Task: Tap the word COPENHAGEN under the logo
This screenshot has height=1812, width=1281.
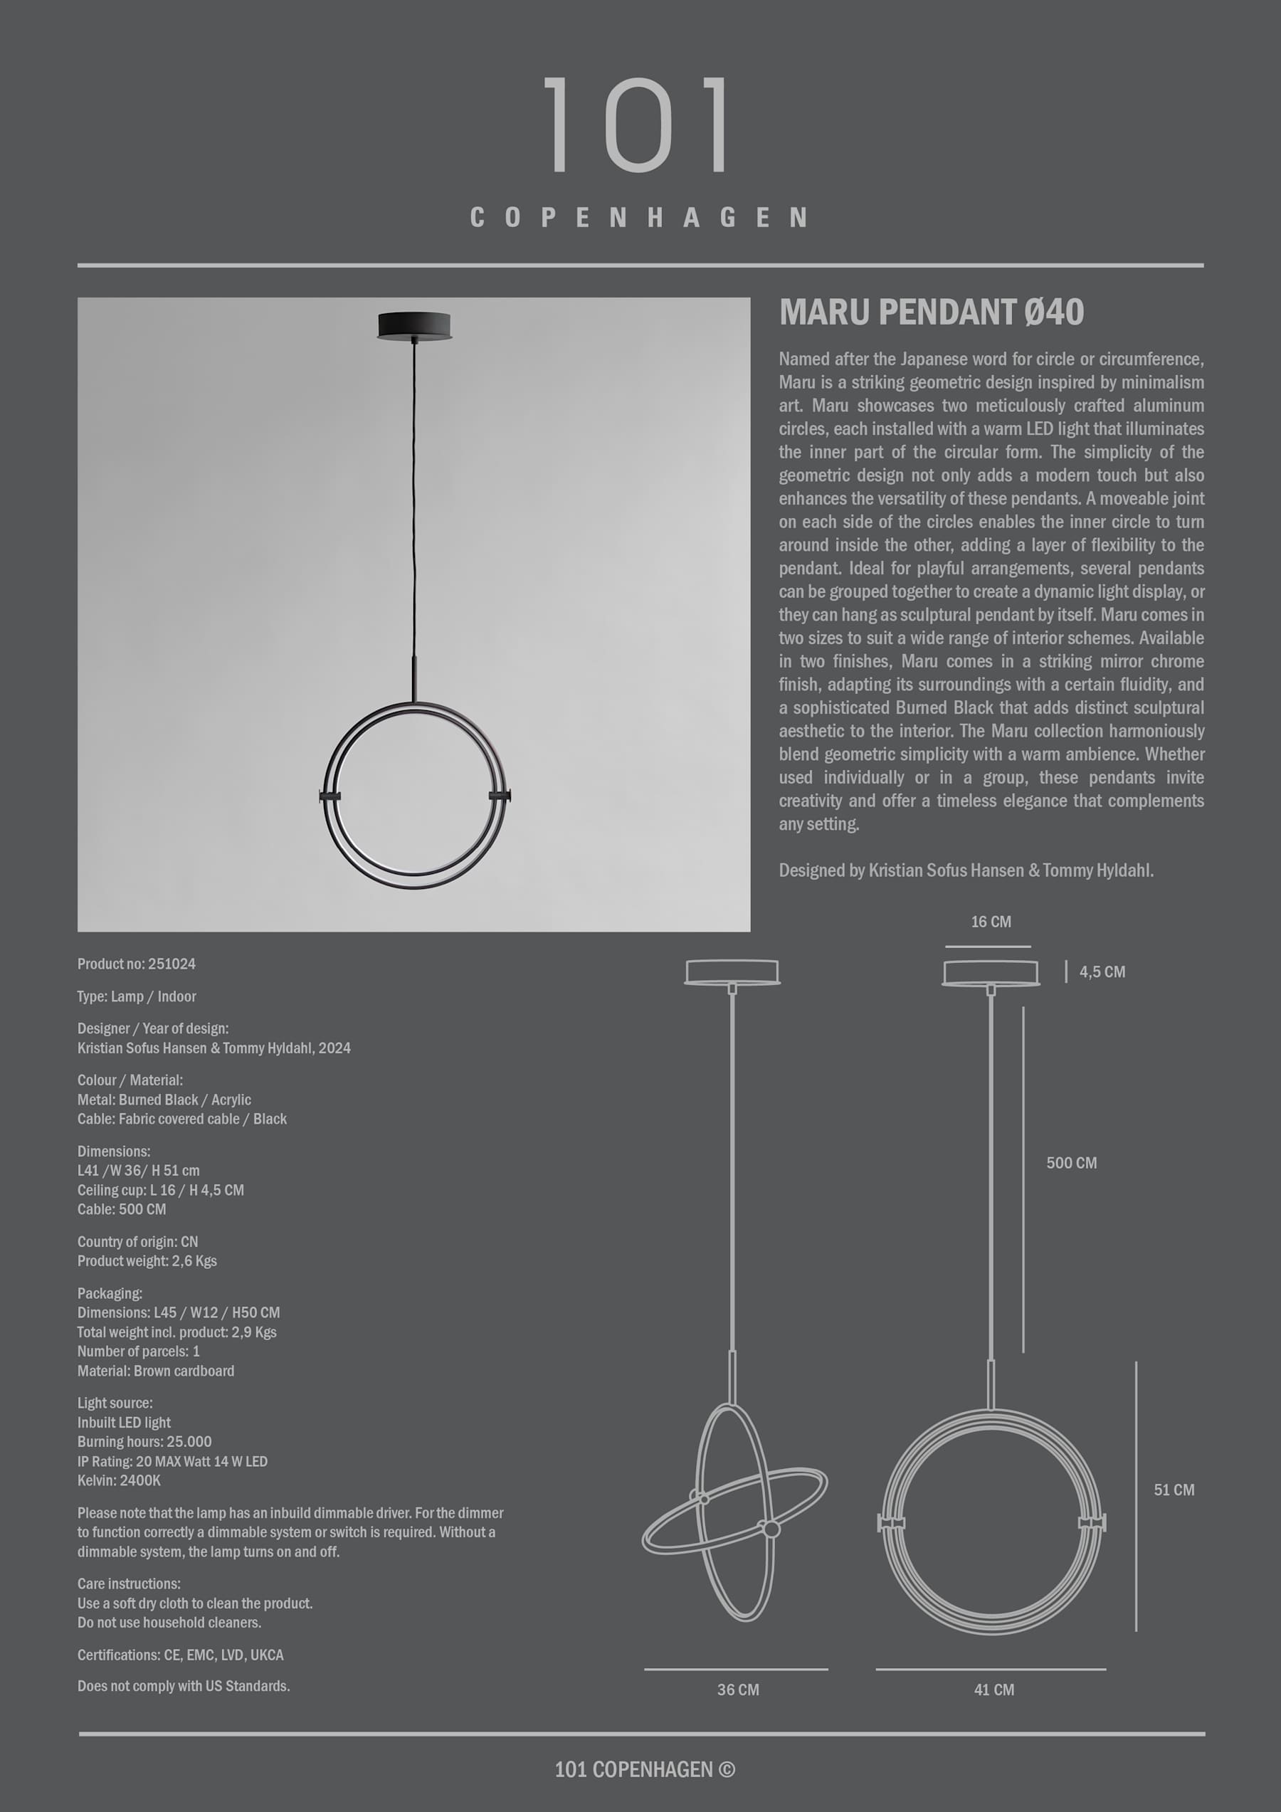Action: point(639,217)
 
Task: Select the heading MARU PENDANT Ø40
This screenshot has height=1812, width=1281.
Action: point(932,312)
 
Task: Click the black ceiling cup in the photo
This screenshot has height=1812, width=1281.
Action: point(413,325)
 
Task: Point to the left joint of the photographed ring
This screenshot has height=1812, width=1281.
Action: point(329,796)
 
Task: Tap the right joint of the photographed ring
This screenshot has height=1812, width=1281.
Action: point(500,796)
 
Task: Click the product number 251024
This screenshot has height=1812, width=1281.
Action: point(137,964)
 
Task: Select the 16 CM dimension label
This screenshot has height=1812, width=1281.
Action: point(991,922)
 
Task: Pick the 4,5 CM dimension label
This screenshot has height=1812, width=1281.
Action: point(1102,972)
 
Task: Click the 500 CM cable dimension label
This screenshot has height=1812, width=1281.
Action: point(1071,1162)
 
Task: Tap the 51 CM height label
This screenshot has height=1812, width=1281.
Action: point(1174,1490)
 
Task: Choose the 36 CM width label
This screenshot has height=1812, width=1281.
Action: point(738,1690)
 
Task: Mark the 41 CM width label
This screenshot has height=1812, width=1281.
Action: point(993,1690)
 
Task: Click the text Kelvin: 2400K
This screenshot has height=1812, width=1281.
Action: point(119,1480)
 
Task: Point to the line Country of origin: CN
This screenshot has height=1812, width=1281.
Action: point(138,1241)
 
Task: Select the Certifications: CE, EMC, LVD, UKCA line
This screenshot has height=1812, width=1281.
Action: point(181,1655)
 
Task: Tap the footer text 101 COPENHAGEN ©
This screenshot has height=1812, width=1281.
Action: point(645,1769)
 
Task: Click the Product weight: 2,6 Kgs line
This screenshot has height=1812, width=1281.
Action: point(147,1261)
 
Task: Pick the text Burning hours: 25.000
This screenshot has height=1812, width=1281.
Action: point(144,1442)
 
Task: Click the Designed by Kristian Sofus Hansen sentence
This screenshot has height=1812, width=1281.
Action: point(966,870)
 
